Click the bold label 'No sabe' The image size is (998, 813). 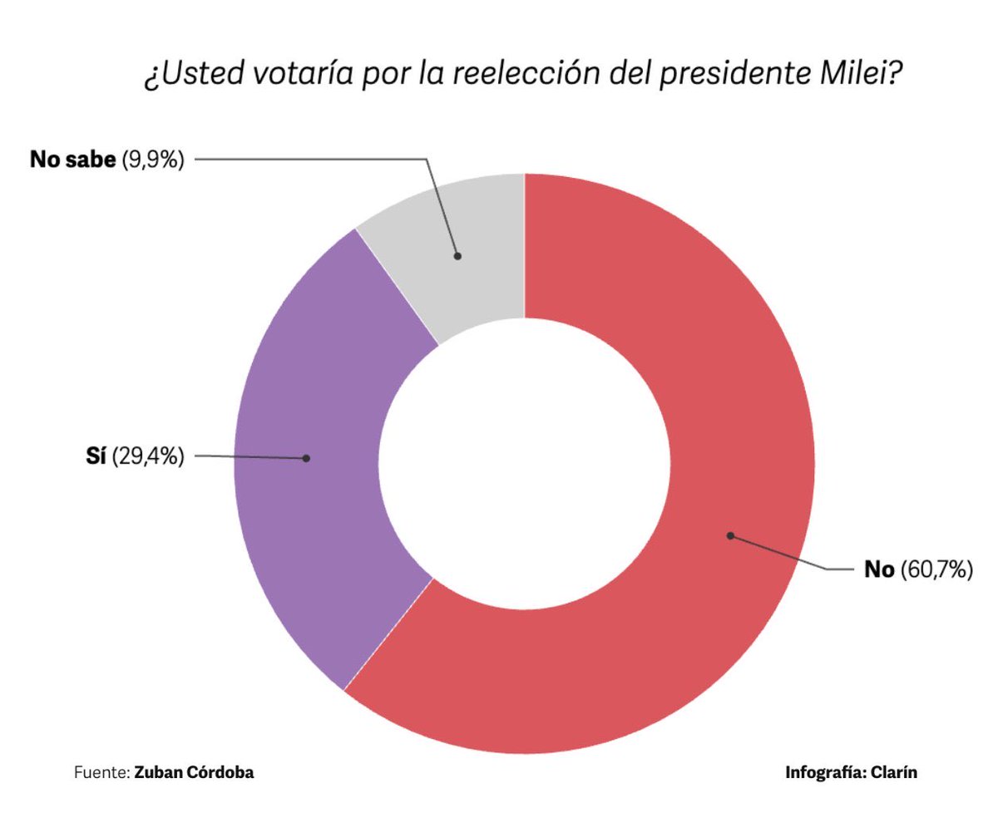pyautogui.click(x=72, y=160)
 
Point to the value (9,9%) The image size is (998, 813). pyautogui.click(x=152, y=160)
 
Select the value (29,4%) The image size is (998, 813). pyautogui.click(x=146, y=456)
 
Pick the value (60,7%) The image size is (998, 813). pyautogui.click(x=936, y=569)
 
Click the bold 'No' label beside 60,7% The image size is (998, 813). pyautogui.click(x=879, y=569)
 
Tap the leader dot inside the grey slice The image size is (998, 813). pyautogui.click(x=457, y=256)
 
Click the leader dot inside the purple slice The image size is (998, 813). pyautogui.click(x=307, y=458)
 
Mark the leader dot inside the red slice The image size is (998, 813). pyautogui.click(x=730, y=535)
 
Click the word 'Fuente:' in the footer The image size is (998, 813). pyautogui.click(x=101, y=772)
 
